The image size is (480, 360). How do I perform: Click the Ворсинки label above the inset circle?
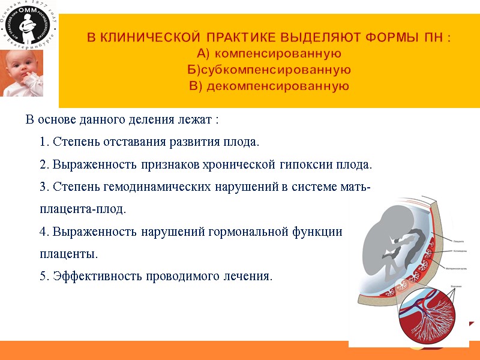tap(456, 287)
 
